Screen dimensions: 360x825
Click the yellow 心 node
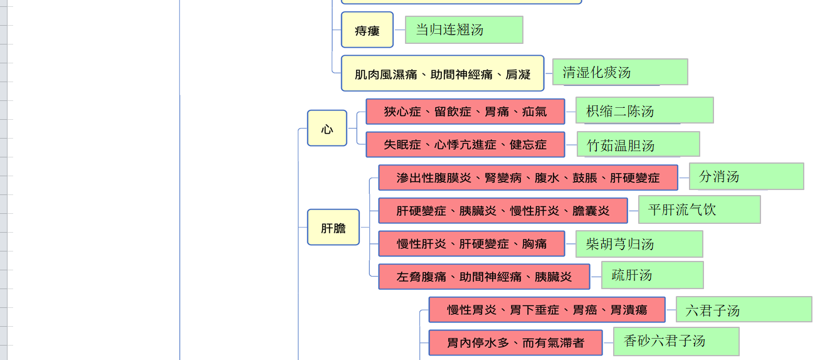click(327, 129)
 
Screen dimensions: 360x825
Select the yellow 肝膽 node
click(333, 228)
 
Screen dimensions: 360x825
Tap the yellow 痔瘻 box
click(367, 30)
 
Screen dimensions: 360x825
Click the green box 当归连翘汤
click(464, 30)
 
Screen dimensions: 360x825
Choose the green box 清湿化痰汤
click(619, 72)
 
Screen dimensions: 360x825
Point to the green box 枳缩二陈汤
click(644, 110)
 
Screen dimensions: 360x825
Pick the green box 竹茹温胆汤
click(638, 145)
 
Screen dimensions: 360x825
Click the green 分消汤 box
click(746, 177)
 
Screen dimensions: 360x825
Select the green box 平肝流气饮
click(699, 209)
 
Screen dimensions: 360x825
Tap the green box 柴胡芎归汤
click(639, 244)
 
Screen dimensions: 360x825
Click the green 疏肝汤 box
click(652, 275)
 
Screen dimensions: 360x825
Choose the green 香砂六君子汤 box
click(676, 341)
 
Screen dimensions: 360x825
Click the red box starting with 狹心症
click(465, 112)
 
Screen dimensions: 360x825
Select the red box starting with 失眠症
click(465, 145)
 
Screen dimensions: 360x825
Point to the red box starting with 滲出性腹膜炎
click(528, 177)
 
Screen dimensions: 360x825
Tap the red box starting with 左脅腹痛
click(484, 277)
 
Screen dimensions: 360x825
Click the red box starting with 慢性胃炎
click(547, 310)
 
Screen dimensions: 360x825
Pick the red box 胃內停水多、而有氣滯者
click(515, 342)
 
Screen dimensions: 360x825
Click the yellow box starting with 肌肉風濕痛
click(442, 74)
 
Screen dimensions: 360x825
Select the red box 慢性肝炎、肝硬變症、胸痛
click(471, 243)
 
